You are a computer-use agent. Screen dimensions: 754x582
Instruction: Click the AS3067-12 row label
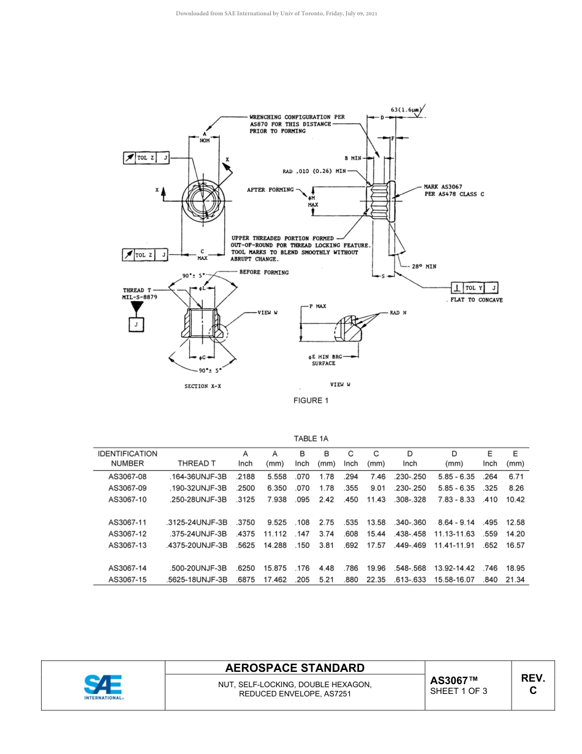coord(127,534)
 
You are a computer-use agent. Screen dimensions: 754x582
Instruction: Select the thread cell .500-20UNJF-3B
coord(197,568)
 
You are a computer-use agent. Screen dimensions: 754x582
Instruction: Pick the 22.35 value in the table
coord(376,579)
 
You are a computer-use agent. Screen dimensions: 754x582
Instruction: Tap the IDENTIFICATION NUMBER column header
coord(127,459)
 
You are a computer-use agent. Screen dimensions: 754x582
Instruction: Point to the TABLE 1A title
coord(311,438)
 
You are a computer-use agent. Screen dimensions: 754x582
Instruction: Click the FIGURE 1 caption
coord(311,400)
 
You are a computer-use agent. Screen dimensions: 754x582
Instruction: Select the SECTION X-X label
coord(203,386)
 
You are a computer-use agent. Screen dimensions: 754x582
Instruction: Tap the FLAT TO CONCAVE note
coord(477,300)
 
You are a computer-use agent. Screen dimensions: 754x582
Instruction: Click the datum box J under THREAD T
coord(136,325)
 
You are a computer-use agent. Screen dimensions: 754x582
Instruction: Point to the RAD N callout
coord(398,313)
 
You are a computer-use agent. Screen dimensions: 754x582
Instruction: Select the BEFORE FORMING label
coord(263,272)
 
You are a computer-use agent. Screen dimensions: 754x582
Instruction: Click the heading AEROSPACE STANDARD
coord(295,668)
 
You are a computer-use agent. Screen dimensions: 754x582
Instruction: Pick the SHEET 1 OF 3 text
coord(459,691)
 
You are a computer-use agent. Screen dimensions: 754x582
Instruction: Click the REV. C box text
coord(532,684)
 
